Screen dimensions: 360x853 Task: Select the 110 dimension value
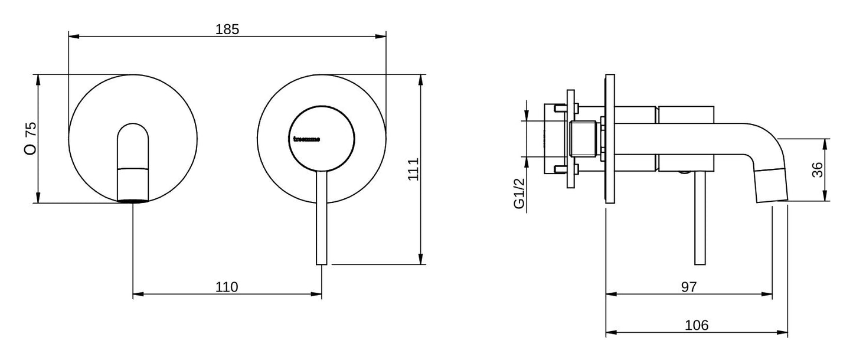tap(227, 287)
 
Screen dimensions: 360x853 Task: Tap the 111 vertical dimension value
tap(413, 169)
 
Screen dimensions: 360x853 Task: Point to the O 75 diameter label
tap(31, 139)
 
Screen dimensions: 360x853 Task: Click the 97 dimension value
tap(689, 287)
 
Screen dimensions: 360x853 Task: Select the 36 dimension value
tap(817, 170)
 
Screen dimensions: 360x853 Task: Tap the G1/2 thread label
tap(519, 195)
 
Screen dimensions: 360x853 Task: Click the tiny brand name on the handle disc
tap(306, 140)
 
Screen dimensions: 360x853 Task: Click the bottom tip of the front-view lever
tap(321, 263)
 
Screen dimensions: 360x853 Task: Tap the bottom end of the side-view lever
tap(700, 262)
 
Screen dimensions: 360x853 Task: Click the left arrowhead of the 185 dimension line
tap(72, 37)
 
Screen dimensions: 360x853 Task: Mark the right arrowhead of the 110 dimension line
tap(319, 294)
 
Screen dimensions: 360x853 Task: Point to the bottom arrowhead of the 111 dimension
tap(421, 261)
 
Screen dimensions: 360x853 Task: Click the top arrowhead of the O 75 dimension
tap(38, 77)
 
